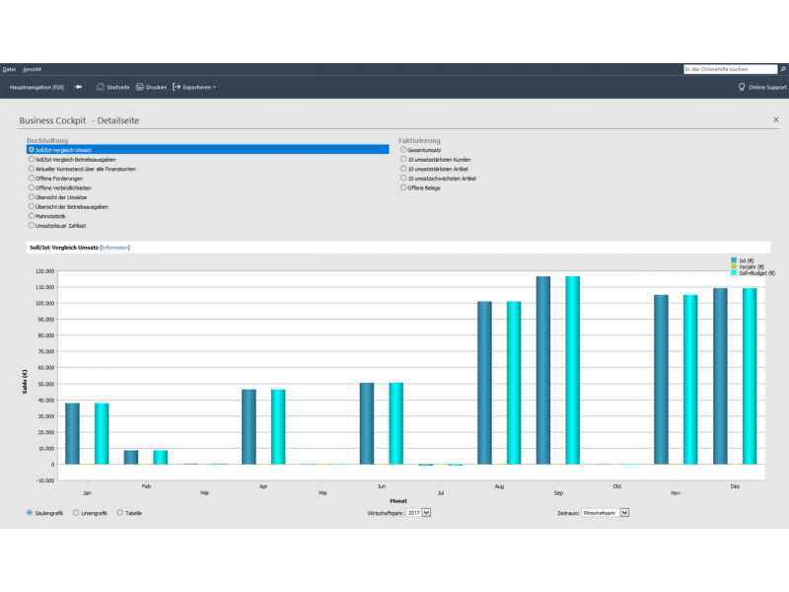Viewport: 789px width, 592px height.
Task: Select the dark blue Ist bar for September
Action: coord(543,370)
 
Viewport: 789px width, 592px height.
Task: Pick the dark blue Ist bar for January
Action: coord(72,433)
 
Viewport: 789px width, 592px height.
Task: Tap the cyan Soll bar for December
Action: coord(750,376)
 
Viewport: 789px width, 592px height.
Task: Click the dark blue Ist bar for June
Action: coord(367,423)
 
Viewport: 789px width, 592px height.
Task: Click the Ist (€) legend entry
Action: coord(746,259)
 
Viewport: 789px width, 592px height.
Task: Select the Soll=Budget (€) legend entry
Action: coord(757,272)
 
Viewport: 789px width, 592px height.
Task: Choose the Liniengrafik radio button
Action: coord(77,513)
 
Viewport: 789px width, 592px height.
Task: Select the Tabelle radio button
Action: coord(120,513)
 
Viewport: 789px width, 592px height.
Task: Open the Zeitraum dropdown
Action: coord(605,513)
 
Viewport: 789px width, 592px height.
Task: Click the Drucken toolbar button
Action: coord(151,87)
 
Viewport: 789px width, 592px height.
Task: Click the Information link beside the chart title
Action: coord(115,248)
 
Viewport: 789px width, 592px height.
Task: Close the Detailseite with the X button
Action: coord(775,119)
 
